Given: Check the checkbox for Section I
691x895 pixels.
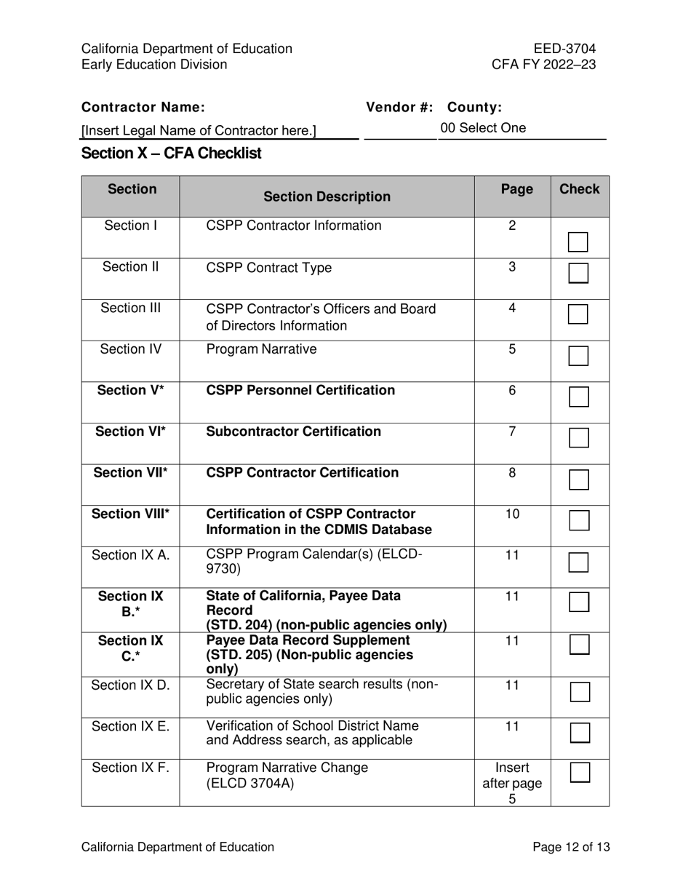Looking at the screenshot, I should coord(578,242).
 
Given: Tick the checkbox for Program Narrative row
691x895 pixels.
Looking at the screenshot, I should coord(578,356).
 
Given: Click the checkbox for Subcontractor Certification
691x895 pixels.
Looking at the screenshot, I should coord(578,437).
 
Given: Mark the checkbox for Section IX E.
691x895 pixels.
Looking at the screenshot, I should coord(579,732).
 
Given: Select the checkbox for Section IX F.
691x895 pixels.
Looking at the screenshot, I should coord(579,772).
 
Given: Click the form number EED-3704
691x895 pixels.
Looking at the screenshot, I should coord(564,49).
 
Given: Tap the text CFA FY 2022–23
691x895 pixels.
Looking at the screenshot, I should coord(544,65).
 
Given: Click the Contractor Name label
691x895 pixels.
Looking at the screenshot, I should coord(143,108).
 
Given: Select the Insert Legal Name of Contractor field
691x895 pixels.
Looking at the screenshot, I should coord(199,131).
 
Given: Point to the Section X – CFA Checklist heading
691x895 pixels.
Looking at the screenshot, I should coord(172,154).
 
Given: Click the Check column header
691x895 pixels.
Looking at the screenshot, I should coord(579,190).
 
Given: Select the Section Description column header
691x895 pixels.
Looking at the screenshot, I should coord(327,196).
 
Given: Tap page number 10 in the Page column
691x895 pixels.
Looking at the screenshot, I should coord(512,514).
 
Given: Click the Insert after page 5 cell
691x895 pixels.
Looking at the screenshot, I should coord(512,783).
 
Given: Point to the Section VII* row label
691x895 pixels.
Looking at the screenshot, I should coord(131,473).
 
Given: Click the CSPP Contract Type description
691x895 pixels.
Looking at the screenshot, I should coord(269,268).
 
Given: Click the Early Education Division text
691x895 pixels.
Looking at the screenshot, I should coord(154,65).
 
